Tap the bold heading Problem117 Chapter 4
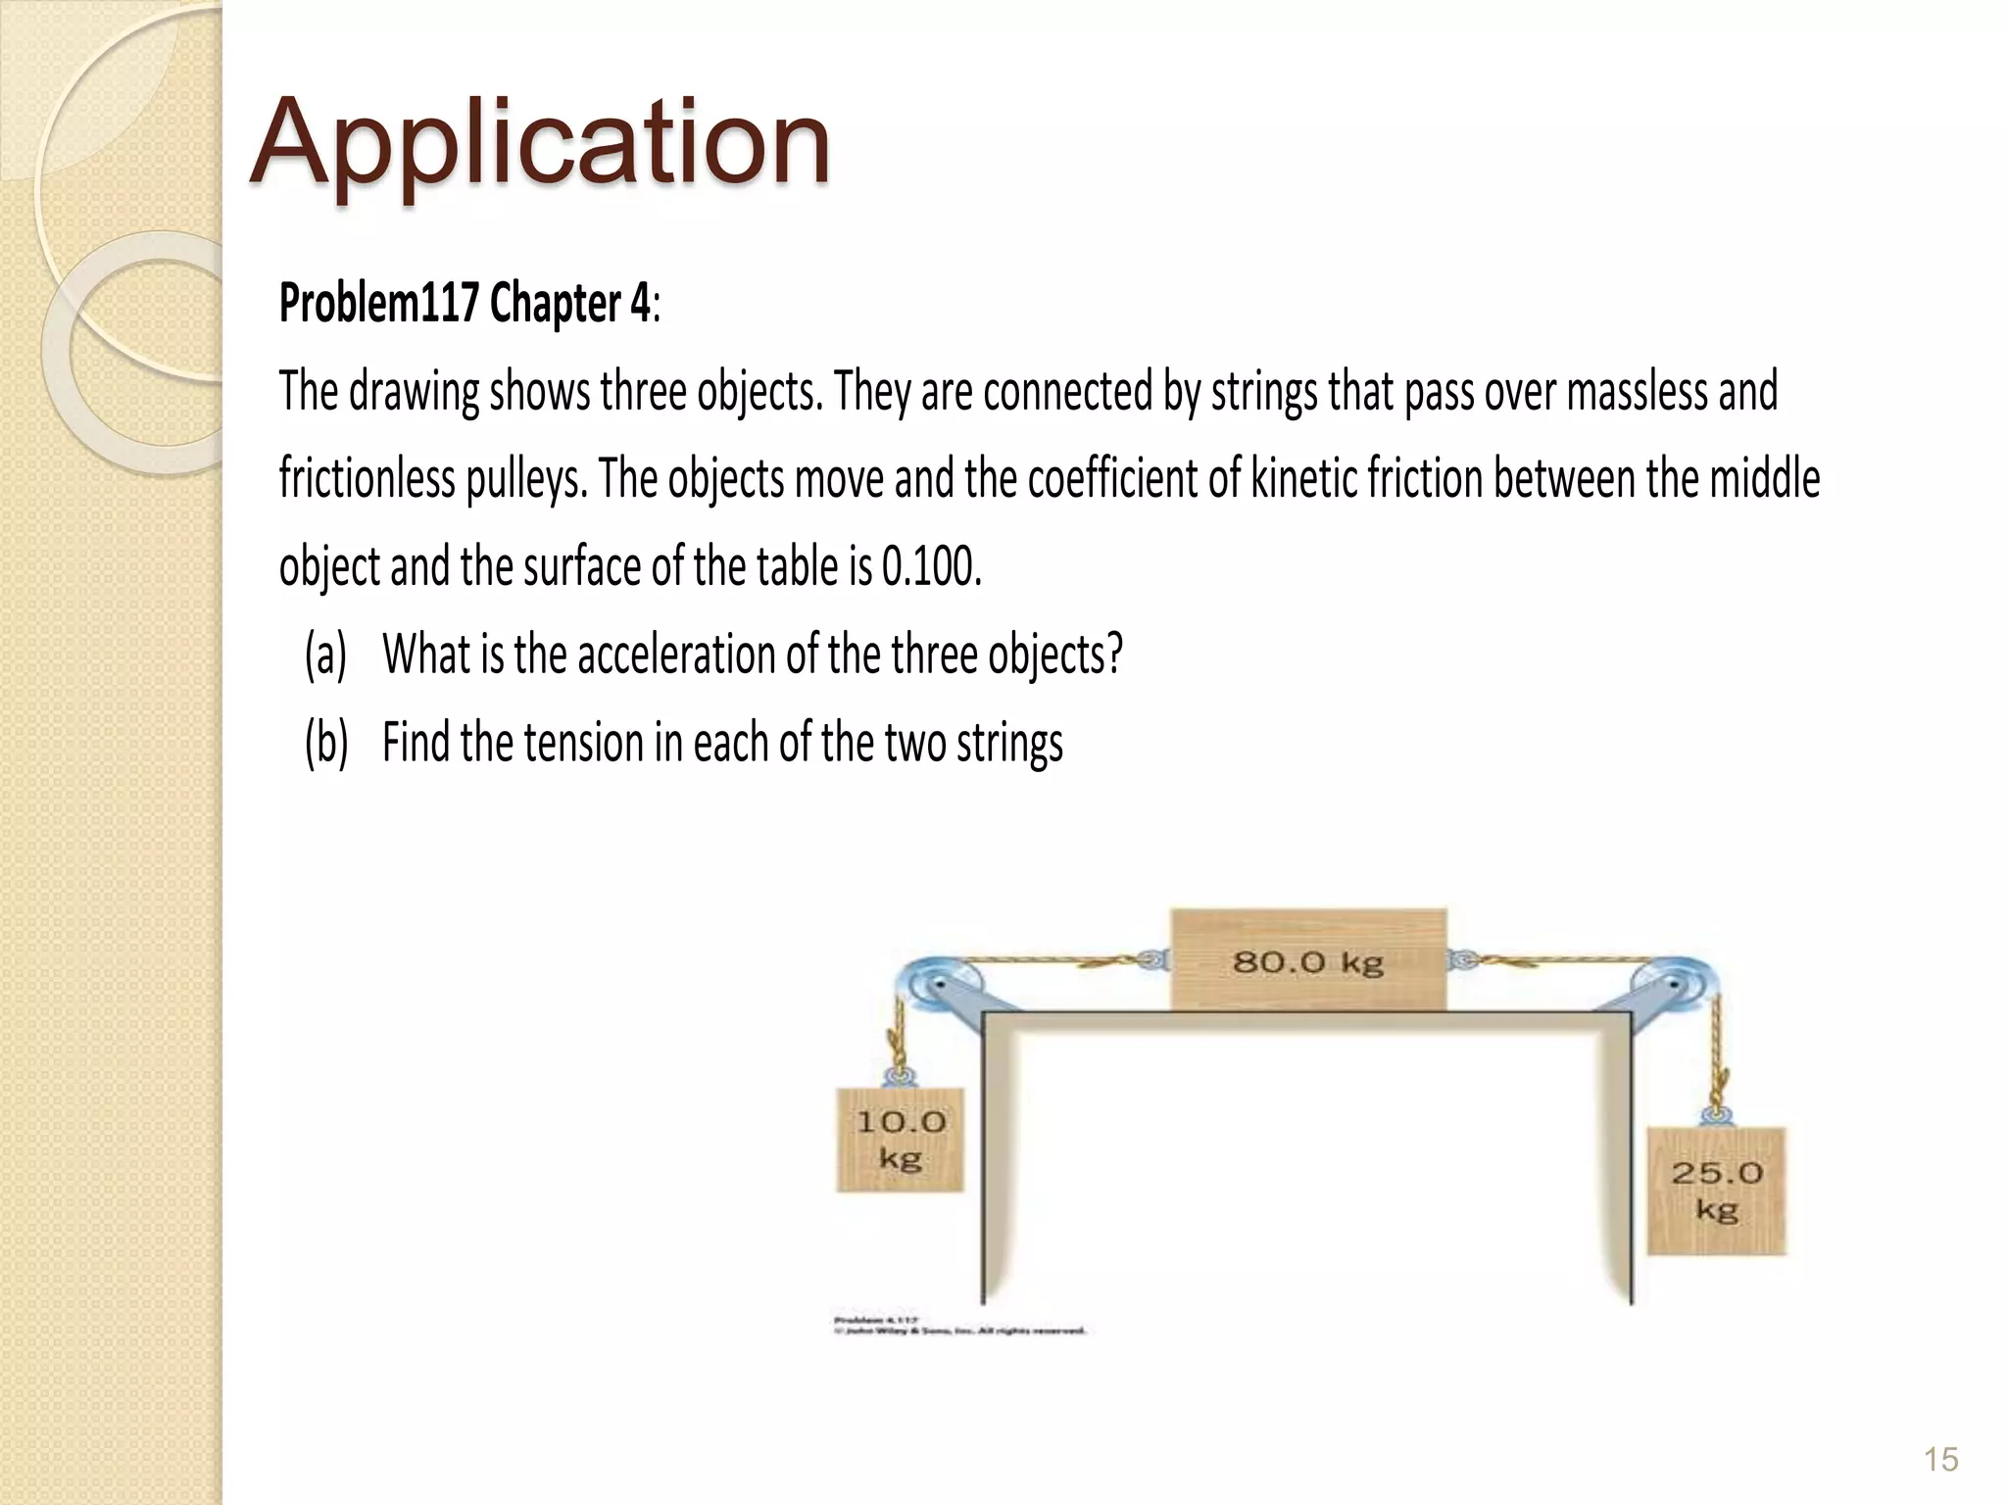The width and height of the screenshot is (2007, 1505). [464, 304]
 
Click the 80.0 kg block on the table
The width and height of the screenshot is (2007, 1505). [1307, 960]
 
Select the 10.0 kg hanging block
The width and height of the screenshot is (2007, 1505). [900, 1140]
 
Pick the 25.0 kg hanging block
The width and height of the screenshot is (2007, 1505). [1716, 1190]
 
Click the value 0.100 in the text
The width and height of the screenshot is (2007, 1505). [931, 566]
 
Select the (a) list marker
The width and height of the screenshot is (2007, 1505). [325, 655]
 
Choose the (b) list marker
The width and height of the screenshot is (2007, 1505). [325, 742]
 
